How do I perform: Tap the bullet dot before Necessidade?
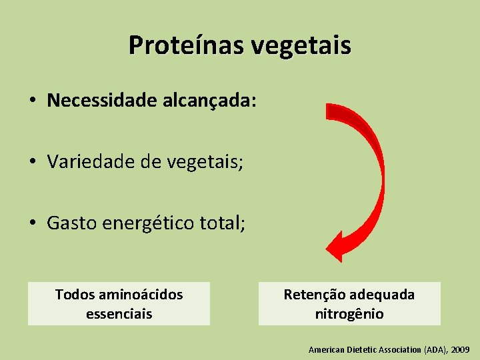[x=32, y=101]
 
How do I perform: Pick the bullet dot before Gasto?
[x=32, y=224]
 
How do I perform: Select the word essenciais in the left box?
[x=119, y=313]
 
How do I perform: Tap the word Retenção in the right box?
[x=313, y=295]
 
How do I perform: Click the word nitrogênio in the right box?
[x=349, y=313]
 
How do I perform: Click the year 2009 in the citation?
[x=460, y=349]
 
